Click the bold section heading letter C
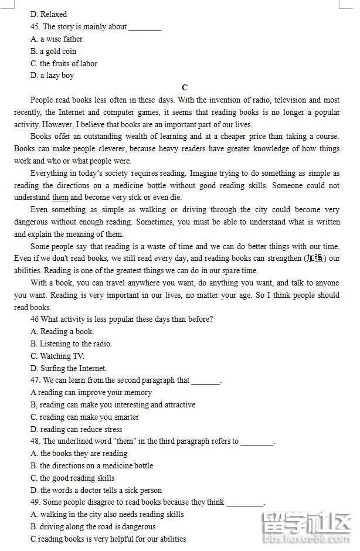pos(185,88)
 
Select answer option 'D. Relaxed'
pos(49,14)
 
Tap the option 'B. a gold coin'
pos(53,51)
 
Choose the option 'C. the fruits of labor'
pos(64,63)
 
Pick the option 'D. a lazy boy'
pos(52,75)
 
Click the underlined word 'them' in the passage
pos(60,198)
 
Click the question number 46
pos(35,319)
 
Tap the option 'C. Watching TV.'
pos(57,356)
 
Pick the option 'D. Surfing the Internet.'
pos(69,368)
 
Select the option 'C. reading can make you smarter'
pos(84,417)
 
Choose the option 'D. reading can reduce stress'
pos(76,429)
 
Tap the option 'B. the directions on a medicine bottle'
pos(91,465)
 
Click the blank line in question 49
pos(244,503)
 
